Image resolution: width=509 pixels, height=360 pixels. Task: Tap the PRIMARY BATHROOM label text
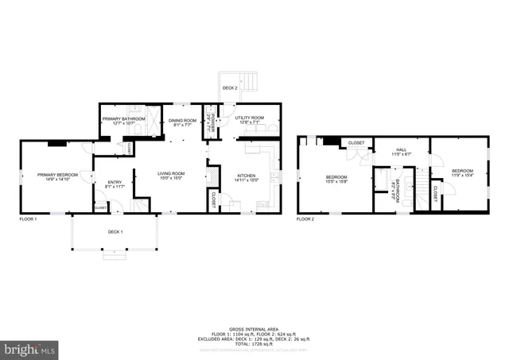122,118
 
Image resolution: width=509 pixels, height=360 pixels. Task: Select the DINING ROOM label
184,118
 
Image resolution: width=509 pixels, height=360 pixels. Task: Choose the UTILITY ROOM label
249,118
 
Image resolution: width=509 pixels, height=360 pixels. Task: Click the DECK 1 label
115,231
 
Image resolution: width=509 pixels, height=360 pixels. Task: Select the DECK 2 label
230,87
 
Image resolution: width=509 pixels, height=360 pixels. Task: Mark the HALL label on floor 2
402,149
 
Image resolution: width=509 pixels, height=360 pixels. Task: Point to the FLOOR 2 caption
305,219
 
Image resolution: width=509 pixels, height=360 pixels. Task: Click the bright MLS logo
30,349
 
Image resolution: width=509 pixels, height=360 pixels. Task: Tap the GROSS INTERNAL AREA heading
254,327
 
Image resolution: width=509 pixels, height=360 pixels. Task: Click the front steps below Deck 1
115,256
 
